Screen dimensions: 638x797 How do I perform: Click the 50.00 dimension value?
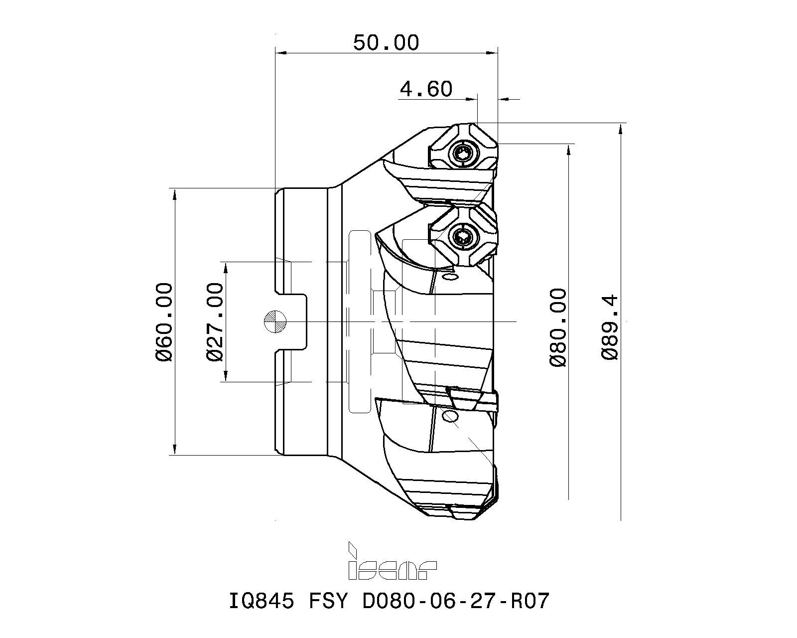pos(386,43)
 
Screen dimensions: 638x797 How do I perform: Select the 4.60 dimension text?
pos(426,89)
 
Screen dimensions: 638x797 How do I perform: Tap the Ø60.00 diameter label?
pos(164,321)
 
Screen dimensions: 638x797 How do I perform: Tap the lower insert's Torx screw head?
pos(463,237)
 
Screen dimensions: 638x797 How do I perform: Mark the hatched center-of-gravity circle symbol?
pos(274,321)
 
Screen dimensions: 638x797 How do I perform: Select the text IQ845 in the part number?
pos(261,601)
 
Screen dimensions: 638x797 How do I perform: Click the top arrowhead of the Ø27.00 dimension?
pos(226,267)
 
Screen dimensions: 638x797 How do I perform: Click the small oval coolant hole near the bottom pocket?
pos(451,416)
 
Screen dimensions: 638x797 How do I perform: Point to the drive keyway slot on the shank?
pos(291,321)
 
